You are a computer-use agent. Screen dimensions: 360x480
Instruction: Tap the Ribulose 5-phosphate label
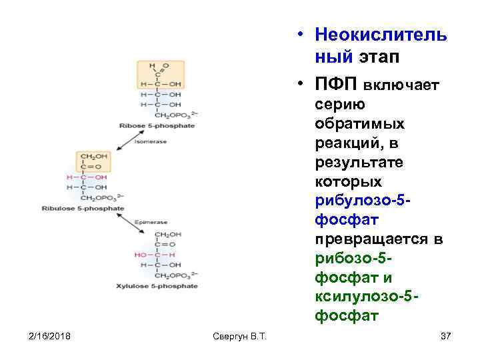[92, 209]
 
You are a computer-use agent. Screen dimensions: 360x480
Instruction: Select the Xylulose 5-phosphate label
[166, 286]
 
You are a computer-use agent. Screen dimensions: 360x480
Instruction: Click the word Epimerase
[151, 222]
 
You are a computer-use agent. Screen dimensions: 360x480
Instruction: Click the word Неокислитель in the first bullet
[382, 35]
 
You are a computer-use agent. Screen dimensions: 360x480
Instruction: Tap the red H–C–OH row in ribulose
[87, 178]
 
